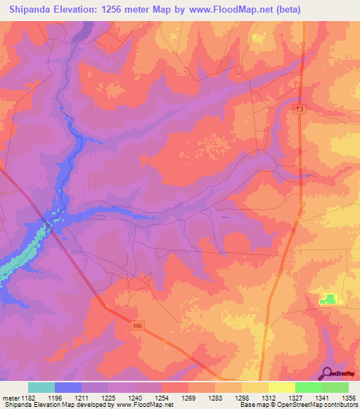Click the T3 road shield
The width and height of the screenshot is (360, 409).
tap(300, 109)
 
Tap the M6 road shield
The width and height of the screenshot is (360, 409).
tap(137, 325)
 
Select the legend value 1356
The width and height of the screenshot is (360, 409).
tap(347, 397)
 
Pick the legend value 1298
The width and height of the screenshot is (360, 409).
tap(241, 397)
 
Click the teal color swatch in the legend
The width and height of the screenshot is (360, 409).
tap(41, 387)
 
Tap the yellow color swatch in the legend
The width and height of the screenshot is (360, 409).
tap(282, 387)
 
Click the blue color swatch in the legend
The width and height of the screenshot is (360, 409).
tap(68, 387)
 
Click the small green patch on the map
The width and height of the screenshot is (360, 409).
tap(328, 299)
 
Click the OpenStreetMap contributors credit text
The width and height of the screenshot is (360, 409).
tap(298, 405)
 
